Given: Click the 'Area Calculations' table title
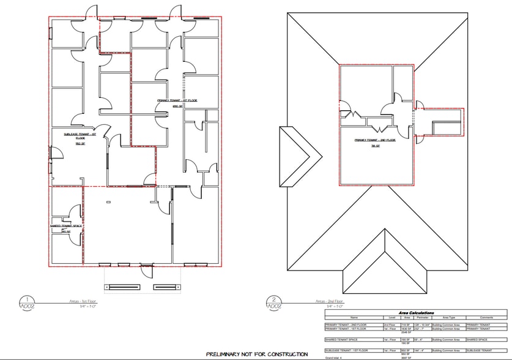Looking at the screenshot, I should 415,313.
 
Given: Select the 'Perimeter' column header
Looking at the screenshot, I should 421,317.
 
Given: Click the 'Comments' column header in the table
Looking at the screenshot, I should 486,317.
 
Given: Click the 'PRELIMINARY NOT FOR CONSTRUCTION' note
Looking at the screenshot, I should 256,354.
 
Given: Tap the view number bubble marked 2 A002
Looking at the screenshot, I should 274,302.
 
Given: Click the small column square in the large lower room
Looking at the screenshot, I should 108,202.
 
